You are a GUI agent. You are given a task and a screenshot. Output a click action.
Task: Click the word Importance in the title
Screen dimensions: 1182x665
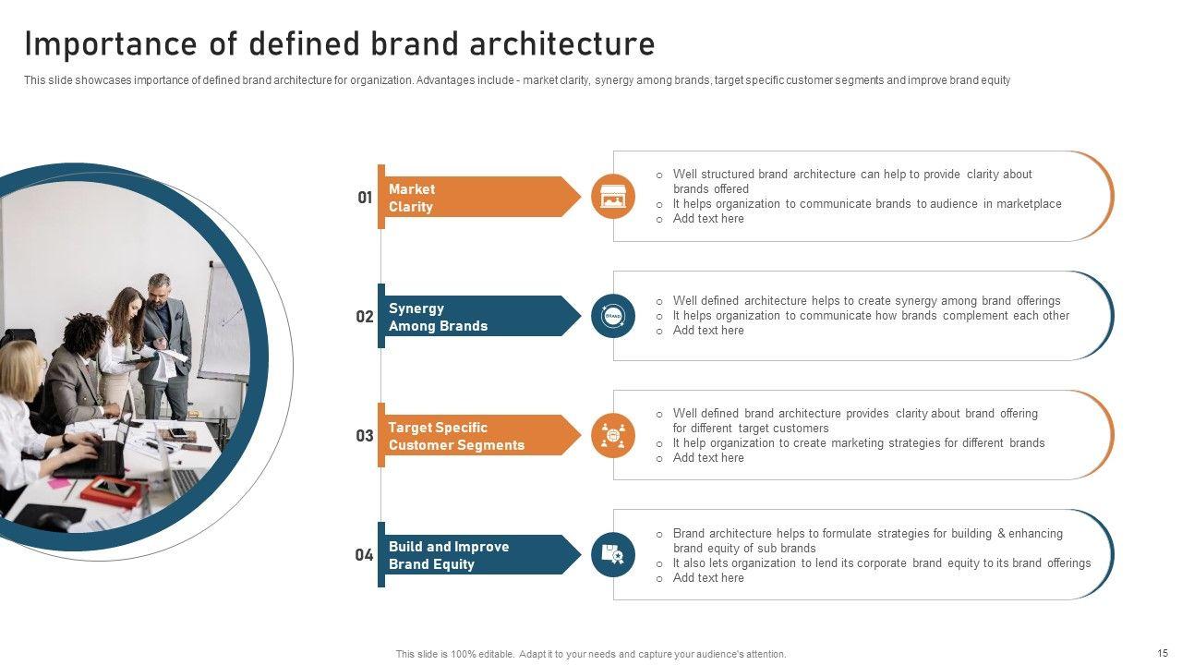pos(110,44)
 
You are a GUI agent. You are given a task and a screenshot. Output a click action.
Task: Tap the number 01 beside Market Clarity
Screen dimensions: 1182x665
pos(365,198)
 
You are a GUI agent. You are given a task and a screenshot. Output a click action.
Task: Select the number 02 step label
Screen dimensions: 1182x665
pos(364,317)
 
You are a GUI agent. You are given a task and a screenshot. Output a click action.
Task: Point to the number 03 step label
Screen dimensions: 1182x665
pos(364,436)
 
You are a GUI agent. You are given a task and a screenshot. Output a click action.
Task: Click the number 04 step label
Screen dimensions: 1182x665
pos(364,555)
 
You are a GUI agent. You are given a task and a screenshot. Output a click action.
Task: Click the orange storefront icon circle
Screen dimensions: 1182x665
pos(612,197)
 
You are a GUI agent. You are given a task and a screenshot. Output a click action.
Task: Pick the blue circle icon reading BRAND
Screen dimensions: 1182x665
pos(612,316)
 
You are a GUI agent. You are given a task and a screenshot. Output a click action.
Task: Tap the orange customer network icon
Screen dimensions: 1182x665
pos(612,435)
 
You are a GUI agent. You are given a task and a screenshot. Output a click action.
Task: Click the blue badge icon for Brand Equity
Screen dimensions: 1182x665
pos(612,555)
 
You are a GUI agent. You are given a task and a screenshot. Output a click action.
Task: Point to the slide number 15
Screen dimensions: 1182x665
pos(1163,653)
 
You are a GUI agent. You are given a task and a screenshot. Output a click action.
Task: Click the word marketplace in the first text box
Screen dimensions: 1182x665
pos(1029,204)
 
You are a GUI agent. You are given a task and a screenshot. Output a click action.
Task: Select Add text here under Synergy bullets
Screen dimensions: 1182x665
pos(708,331)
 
